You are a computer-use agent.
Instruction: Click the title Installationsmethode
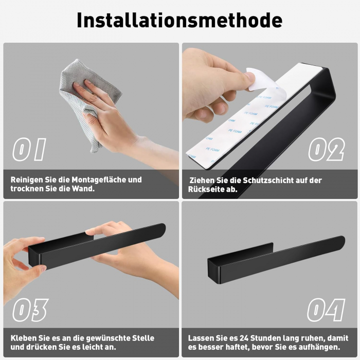point(179,20)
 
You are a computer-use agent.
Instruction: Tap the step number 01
point(29,150)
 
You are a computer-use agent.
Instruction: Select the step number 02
point(326,150)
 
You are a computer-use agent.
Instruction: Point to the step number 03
point(30,310)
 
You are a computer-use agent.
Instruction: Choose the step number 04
point(326,310)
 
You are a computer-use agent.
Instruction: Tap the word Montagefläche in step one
point(94,180)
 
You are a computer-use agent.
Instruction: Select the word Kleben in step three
point(23,338)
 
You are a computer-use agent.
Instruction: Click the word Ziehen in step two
point(203,181)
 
